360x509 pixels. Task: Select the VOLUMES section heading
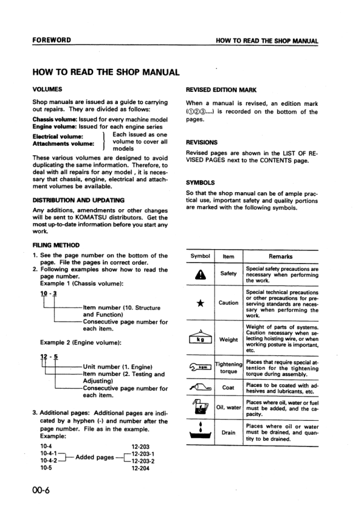(48, 89)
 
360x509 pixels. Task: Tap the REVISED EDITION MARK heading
(222, 89)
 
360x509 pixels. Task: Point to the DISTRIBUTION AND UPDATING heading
(79, 199)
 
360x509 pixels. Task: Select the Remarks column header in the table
(280, 256)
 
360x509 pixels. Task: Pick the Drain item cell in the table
(228, 433)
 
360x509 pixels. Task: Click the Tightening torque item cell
(228, 368)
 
